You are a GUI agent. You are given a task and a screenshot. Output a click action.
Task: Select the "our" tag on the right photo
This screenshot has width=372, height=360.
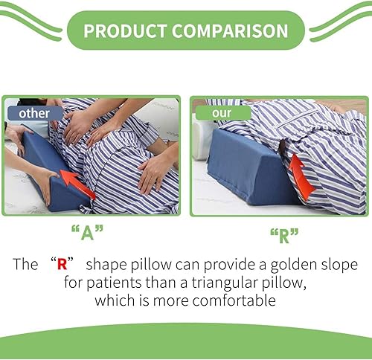221,114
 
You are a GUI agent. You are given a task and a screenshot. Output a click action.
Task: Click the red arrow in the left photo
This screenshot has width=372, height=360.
77,181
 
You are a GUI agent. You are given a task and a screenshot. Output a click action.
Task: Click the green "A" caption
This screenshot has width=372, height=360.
86,232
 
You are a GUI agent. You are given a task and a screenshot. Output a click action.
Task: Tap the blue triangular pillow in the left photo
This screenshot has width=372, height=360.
52,167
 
